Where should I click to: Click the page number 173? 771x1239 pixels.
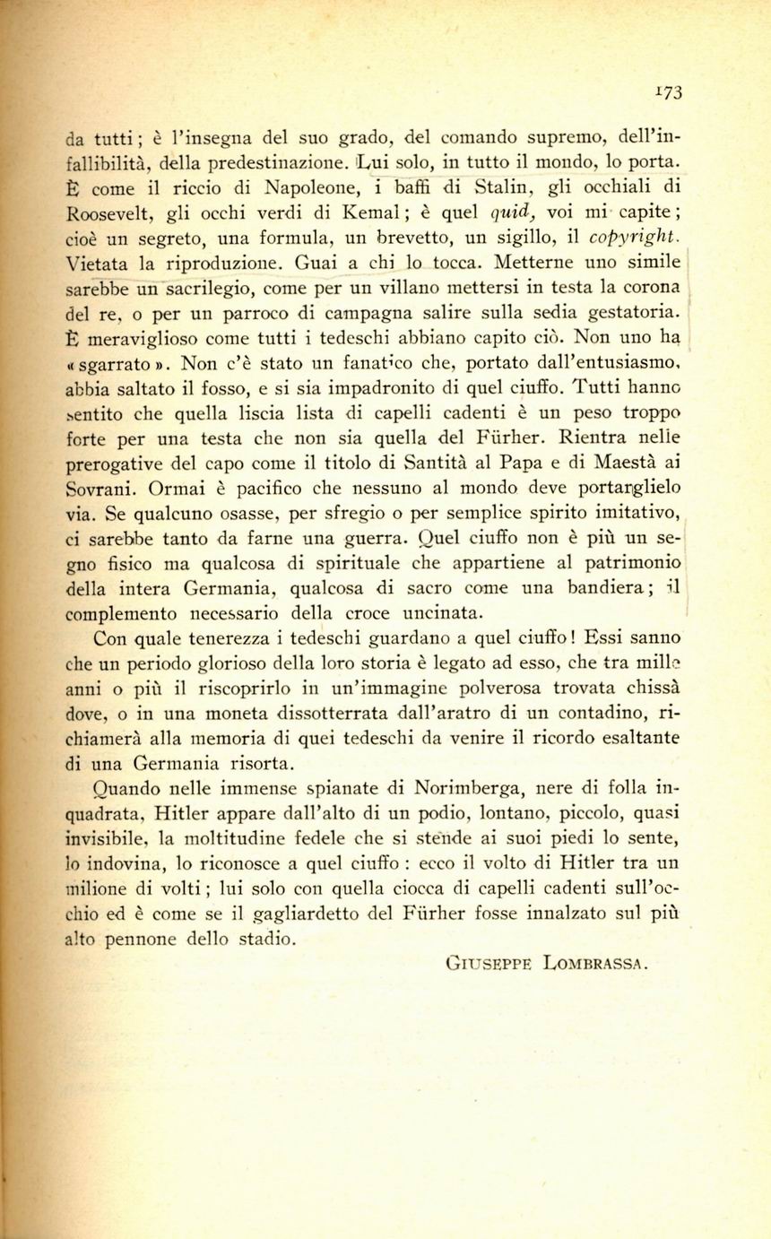668,91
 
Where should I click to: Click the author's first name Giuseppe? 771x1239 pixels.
485,965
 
